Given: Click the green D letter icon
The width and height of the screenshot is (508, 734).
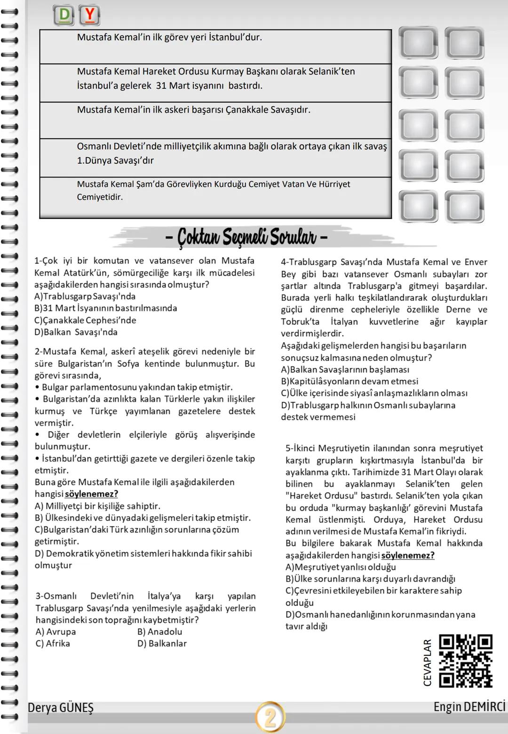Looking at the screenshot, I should coord(65,16).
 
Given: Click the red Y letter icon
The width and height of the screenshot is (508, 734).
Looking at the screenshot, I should coord(89,16).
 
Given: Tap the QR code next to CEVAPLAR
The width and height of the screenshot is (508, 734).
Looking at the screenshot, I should coord(465,661).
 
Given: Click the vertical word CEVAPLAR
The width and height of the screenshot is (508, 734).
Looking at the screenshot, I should coord(428,662).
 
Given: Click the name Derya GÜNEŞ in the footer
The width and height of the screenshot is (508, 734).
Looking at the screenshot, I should coord(61,708).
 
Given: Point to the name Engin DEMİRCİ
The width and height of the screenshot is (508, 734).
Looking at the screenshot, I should coord(469,707).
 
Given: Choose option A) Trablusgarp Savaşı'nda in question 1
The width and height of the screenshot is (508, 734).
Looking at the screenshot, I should coord(85,296).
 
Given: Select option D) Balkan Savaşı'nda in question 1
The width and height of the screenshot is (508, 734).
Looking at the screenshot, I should coord(76,332).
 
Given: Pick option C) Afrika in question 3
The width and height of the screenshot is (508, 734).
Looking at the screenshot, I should coord(53,643).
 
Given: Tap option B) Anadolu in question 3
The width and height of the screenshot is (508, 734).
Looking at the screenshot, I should coord(159,631).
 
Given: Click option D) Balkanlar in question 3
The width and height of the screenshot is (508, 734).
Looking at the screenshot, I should coord(162,643).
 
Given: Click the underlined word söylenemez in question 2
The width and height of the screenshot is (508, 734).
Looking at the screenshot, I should coord(91,494).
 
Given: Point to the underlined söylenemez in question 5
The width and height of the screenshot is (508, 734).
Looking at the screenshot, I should coord(408,555).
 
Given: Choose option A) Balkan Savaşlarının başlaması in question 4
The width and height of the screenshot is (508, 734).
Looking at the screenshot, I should coord(345,369).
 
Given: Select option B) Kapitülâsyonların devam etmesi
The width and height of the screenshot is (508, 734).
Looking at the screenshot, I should coord(349,381).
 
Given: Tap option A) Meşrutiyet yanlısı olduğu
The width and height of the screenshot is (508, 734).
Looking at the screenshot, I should coord(341,567).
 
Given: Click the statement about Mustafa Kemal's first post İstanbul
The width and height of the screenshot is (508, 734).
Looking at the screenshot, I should coord(169,37).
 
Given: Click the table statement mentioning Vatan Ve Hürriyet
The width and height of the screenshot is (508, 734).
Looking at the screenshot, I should coord(214,191).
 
